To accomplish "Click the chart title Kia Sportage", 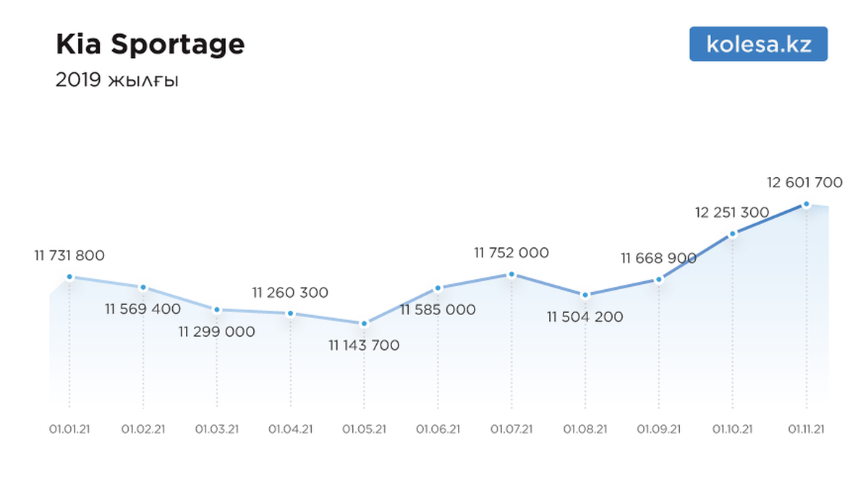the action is pos(150,45).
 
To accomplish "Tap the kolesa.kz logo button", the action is pos(758,44).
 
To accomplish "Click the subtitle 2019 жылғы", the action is pos(117,80).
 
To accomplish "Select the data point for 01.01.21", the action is pos(69,277).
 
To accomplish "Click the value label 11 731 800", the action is pos(69,255).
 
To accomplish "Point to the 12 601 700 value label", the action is pos(804,182).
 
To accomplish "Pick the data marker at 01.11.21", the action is pos(807,204).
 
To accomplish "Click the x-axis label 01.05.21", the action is pos(365,429).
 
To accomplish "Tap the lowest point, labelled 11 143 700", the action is pos(364,324).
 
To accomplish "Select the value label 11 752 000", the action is pos(511,252).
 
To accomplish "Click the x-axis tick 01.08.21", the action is pos(585,429).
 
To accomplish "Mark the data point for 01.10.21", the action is pos(733,233).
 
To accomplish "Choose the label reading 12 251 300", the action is pos(732,213).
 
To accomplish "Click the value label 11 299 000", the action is pos(217,332).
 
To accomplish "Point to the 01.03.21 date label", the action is pos(217,429).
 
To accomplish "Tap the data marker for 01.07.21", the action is pos(511,274).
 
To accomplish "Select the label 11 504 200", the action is pos(585,317).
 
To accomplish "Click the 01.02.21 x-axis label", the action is pos(143,429).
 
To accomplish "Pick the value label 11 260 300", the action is pos(290,293).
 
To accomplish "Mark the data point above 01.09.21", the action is pos(659,279).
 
